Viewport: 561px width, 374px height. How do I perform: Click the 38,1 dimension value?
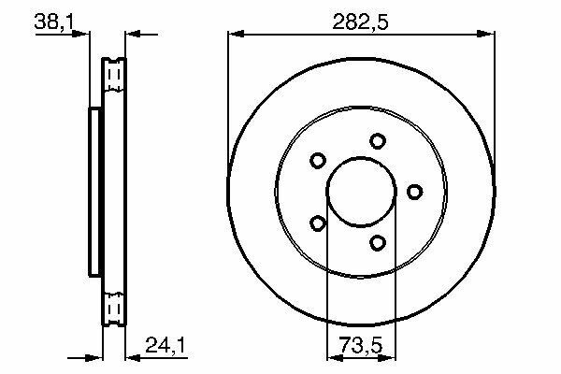coord(53,22)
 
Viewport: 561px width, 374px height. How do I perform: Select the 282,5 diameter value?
coord(360,22)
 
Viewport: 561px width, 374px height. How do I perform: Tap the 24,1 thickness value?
coord(165,345)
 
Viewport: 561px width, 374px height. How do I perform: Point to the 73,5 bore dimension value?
coord(361,345)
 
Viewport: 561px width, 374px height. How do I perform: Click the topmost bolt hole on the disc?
coord(378,141)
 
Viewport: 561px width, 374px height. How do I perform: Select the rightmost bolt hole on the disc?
coord(414,192)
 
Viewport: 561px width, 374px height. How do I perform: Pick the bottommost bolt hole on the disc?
coord(378,243)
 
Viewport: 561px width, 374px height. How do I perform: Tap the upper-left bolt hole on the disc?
coord(317,160)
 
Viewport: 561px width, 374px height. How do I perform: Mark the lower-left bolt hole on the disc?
coord(317,223)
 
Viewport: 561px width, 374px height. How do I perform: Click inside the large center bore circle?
coord(362,192)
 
